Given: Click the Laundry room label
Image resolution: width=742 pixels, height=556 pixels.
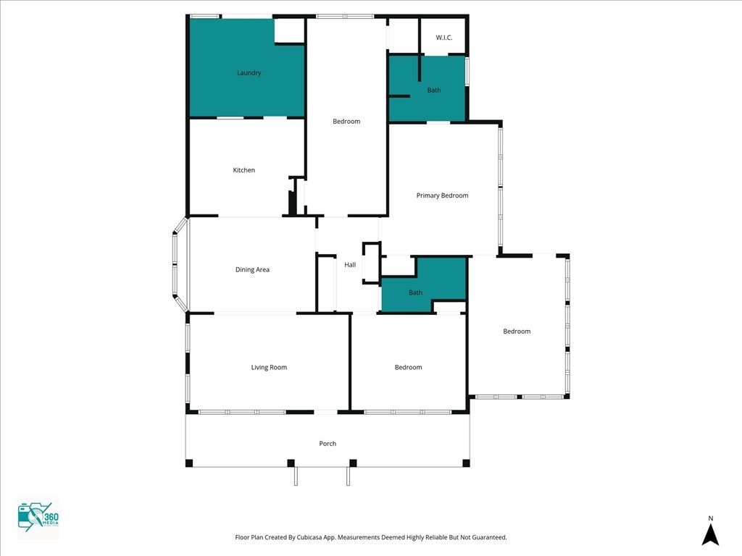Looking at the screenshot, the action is pyautogui.click(x=249, y=73).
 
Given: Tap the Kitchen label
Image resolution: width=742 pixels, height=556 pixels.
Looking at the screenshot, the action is pyautogui.click(x=243, y=170).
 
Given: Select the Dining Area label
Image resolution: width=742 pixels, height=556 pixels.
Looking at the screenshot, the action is pyautogui.click(x=252, y=270).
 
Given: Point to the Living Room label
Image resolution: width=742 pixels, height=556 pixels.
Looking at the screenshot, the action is pyautogui.click(x=269, y=367).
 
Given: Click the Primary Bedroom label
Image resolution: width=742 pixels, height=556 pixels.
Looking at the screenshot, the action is pyautogui.click(x=443, y=195).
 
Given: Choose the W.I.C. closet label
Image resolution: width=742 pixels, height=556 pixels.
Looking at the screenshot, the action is pyautogui.click(x=444, y=38).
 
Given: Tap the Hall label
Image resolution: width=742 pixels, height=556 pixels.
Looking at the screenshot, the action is pyautogui.click(x=350, y=265).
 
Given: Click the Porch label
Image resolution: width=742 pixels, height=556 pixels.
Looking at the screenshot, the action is pyautogui.click(x=328, y=444).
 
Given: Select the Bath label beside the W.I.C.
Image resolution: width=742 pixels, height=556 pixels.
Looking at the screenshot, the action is pyautogui.click(x=434, y=90).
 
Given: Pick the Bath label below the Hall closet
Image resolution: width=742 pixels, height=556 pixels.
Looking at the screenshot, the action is pyautogui.click(x=415, y=292).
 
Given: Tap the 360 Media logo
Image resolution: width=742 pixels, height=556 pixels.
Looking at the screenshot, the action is pyautogui.click(x=38, y=517).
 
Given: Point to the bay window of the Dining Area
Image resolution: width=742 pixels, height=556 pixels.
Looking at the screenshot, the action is pyautogui.click(x=180, y=265).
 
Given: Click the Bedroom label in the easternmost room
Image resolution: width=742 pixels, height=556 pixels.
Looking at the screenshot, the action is pyautogui.click(x=517, y=332).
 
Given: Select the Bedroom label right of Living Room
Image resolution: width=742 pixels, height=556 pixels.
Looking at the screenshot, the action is pyautogui.click(x=409, y=367).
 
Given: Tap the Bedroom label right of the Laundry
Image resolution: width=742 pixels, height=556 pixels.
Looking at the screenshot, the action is pyautogui.click(x=346, y=122).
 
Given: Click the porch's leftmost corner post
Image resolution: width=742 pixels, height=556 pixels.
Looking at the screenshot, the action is pyautogui.click(x=189, y=463).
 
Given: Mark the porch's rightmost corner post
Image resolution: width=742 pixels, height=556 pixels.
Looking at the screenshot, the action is pyautogui.click(x=466, y=463).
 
